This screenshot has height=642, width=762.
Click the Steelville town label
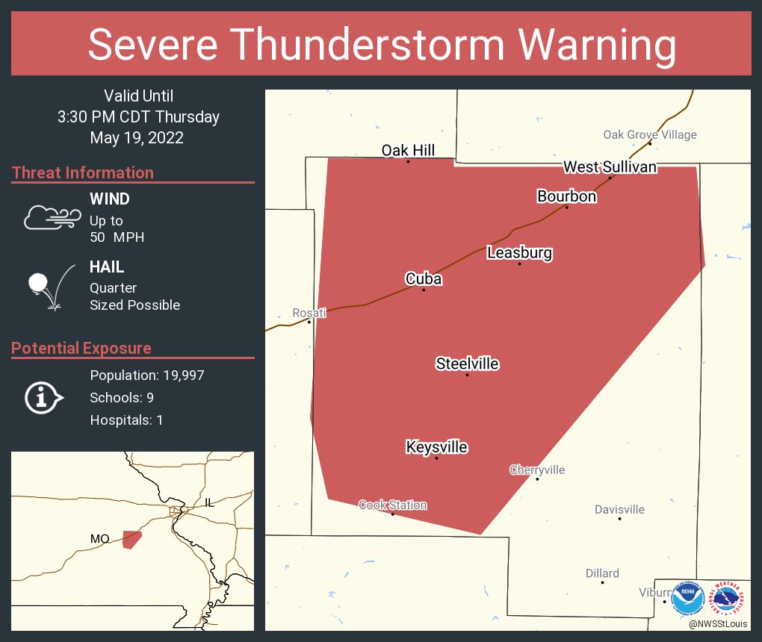[x=467, y=364]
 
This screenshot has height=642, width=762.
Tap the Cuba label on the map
[x=424, y=278]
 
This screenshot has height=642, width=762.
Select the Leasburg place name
[x=519, y=252]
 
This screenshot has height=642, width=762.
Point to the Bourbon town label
[x=566, y=196]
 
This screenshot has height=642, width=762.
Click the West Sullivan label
[x=610, y=166]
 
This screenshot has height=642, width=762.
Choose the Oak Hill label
[x=408, y=151]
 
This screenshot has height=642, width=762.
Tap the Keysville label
[x=436, y=447]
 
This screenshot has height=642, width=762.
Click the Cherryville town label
[x=537, y=470]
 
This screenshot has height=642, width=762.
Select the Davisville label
[x=619, y=510]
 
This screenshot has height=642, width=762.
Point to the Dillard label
[x=602, y=573]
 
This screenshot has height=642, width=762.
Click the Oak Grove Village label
[x=650, y=134]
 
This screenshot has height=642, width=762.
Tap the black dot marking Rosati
[x=309, y=322]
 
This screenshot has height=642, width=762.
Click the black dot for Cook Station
[x=393, y=514]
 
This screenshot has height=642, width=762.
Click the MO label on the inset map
[x=100, y=538]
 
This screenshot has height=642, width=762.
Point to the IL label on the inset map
[x=210, y=503]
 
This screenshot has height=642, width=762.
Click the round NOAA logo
[x=687, y=599]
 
